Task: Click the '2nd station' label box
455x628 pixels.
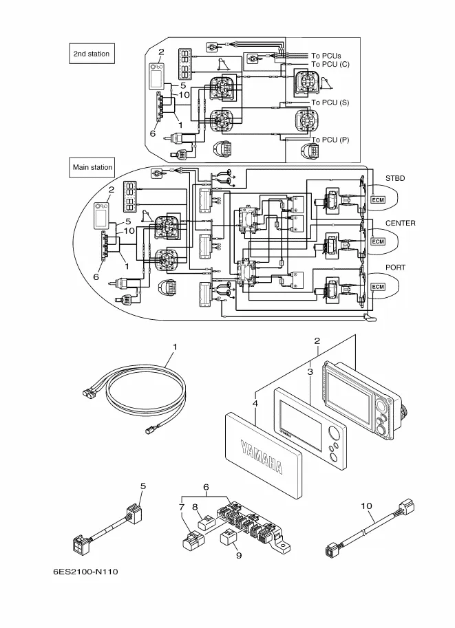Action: click(x=92, y=54)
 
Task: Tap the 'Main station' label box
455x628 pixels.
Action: click(x=92, y=167)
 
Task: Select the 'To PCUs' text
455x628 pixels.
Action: click(x=326, y=56)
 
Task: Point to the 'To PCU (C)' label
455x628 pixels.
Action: click(x=330, y=65)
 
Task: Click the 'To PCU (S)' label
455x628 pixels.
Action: click(x=330, y=102)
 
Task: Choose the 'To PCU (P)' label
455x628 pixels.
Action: click(x=330, y=140)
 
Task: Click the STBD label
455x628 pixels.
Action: click(x=395, y=178)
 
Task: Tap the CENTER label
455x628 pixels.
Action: click(x=400, y=224)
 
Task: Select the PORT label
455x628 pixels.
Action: click(x=396, y=268)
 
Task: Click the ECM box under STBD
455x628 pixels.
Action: click(x=378, y=199)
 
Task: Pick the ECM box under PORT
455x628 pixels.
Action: click(x=378, y=287)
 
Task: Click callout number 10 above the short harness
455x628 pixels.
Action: click(x=366, y=506)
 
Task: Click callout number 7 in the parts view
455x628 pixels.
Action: click(x=182, y=508)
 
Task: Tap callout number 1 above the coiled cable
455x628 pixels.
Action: click(x=174, y=348)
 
